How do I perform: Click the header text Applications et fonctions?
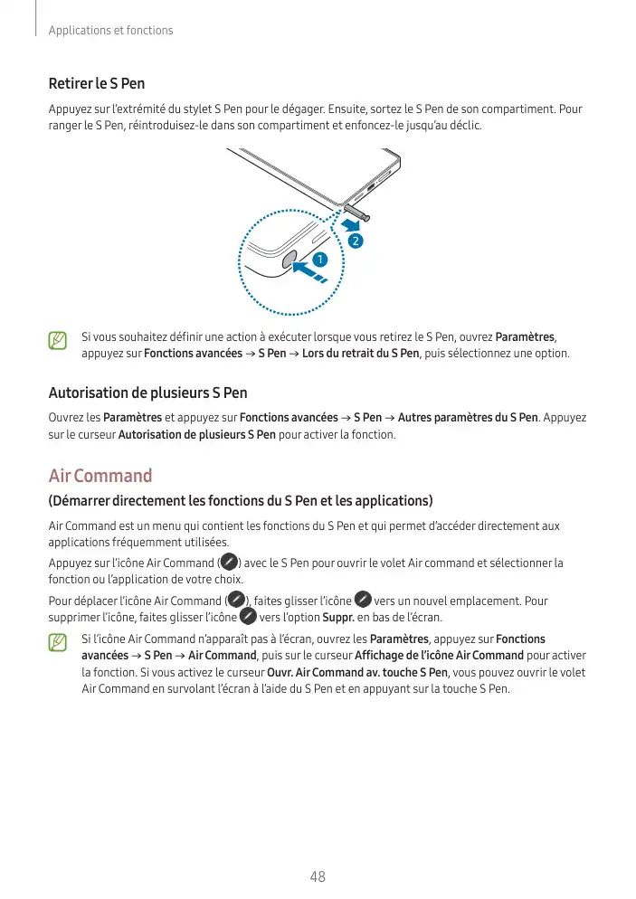[110, 31]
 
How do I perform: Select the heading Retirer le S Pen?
[95, 85]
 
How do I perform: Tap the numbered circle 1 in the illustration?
[319, 260]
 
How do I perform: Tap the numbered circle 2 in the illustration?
[356, 241]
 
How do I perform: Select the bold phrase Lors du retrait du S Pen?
[360, 353]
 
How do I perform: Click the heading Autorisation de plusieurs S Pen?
[147, 393]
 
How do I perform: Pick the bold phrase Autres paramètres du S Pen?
[468, 418]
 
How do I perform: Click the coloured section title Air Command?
[100, 476]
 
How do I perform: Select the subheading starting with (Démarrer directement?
[241, 501]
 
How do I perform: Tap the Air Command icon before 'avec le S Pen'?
[229, 563]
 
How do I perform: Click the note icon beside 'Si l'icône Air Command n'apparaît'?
[58, 643]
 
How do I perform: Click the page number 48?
[318, 876]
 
